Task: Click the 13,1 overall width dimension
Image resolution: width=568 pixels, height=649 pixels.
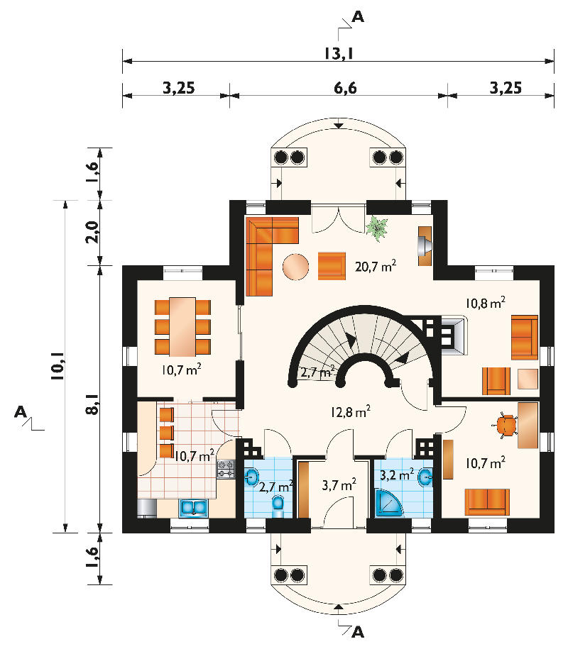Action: point(339,53)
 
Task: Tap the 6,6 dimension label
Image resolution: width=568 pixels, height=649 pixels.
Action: point(345,88)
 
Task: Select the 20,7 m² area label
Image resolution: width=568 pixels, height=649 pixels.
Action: point(376,266)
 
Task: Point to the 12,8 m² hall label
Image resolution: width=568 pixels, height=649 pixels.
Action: point(350,411)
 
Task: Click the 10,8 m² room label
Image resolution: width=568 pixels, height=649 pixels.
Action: point(485,303)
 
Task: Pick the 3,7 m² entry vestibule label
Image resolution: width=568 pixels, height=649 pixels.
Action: point(339,484)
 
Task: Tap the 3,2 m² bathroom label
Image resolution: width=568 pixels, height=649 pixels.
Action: point(397,475)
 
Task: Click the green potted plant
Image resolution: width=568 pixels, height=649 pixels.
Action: point(377,228)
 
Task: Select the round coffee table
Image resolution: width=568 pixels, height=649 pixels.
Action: point(295,267)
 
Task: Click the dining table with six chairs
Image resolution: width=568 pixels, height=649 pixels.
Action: point(182,327)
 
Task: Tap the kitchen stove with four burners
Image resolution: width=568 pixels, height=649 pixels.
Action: point(226,470)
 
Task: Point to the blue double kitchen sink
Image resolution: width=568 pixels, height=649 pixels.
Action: point(193,509)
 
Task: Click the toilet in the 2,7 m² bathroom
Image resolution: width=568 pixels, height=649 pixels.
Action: point(278,506)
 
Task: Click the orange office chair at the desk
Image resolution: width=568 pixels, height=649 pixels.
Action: point(506,426)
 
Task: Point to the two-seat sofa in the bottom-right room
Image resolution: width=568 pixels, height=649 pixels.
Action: point(487,502)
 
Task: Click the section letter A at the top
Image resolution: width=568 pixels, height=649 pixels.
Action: point(358,16)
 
